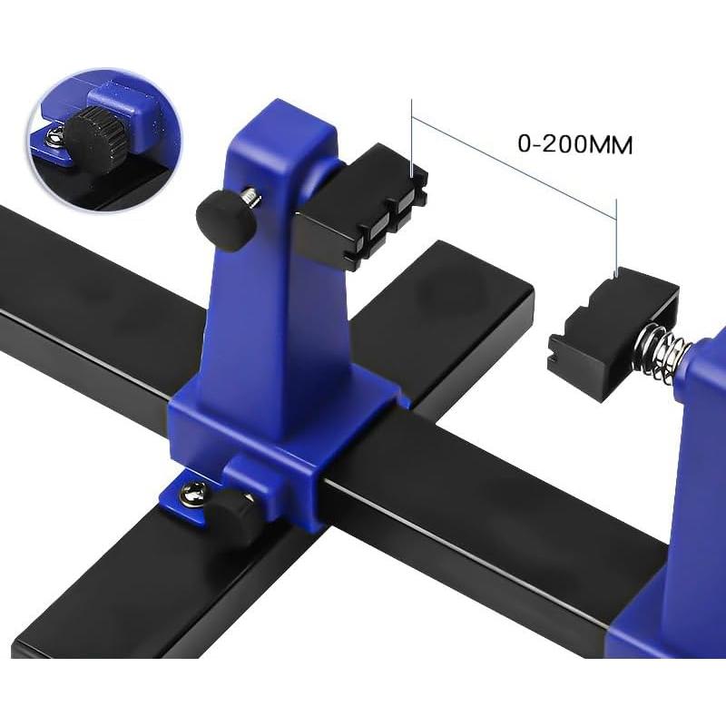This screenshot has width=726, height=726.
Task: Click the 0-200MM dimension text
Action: pyautogui.click(x=574, y=143)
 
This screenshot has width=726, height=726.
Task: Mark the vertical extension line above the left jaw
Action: pyautogui.click(x=413, y=136)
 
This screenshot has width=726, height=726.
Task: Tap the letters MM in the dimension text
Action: pyautogui.click(x=613, y=143)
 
